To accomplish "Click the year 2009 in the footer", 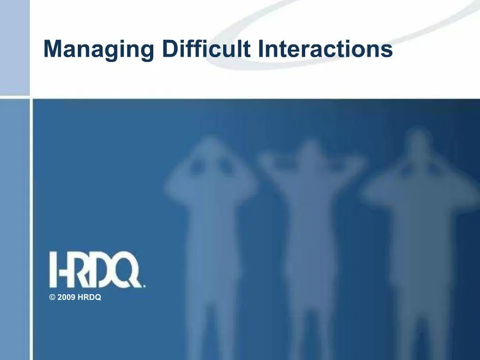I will pos(66,298).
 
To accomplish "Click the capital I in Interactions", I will pos(261,49).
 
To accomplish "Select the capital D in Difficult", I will pos(170,49).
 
